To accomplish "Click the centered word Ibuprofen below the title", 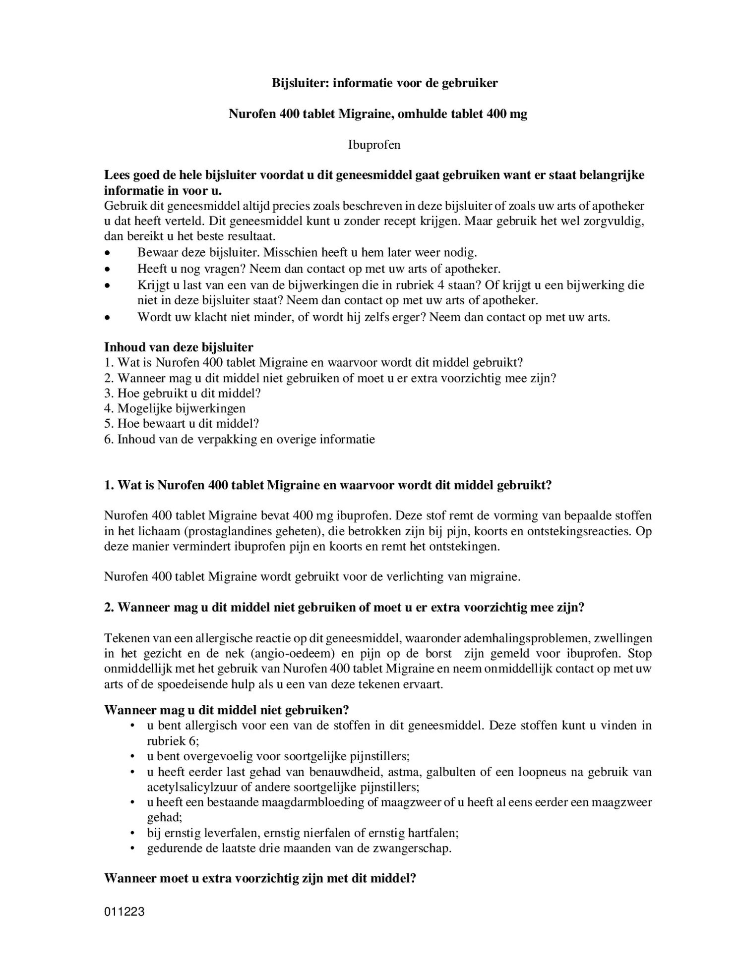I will pos(374,145).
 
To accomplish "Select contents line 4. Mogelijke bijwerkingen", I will pos(175,408).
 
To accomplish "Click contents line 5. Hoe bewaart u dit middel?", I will pos(182,424).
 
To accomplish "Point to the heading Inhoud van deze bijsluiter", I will pos(179,347).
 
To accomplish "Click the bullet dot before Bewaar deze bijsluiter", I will pos(107,253).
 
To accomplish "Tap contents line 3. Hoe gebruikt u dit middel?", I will pos(182,393).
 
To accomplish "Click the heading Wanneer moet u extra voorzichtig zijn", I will pos(259,879).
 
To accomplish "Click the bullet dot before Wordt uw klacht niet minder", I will pos(107,317).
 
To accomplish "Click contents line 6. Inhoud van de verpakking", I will pos(239,439).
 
